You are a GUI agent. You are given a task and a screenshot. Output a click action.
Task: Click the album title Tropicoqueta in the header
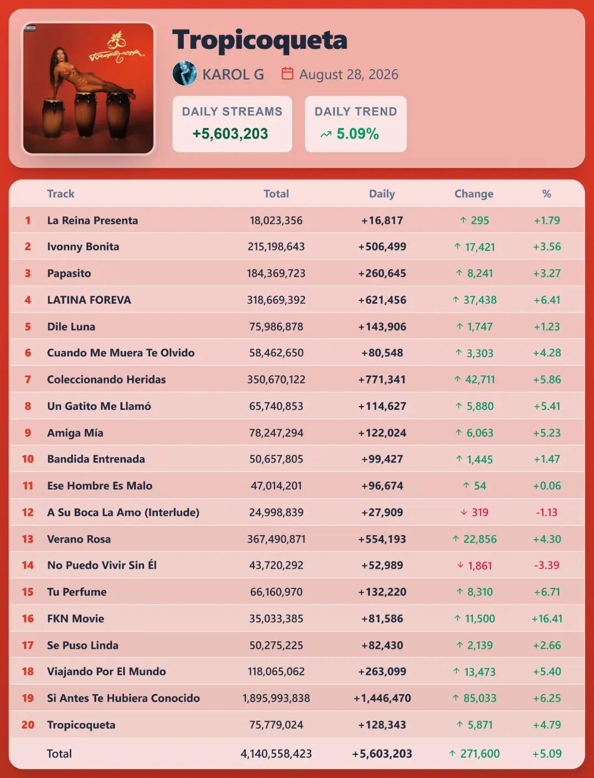pos(260,41)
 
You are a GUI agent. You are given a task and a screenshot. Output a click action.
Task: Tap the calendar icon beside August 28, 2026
pos(288,74)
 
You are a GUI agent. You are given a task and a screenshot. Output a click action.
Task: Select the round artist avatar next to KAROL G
pos(184,74)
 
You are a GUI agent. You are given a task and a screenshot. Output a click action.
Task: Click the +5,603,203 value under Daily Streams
pos(230,134)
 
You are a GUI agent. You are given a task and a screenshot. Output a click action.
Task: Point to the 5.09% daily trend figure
pos(358,134)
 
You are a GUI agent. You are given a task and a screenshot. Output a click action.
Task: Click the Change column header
pos(474,193)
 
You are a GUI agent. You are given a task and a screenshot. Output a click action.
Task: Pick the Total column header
pos(276,193)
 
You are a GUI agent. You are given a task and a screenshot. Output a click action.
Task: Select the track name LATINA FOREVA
pos(89,300)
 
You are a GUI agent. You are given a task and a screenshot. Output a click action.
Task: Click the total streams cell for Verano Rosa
pos(276,539)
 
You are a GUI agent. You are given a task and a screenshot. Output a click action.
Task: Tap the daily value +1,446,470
pos(382,698)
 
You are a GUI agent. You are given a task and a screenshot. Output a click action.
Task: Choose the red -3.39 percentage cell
pos(547,565)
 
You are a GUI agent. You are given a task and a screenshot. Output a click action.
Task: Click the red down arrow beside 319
pos(464,512)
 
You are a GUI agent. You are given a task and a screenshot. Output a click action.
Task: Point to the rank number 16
pos(28,619)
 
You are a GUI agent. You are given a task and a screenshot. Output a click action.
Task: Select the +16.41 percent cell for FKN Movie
pos(547,619)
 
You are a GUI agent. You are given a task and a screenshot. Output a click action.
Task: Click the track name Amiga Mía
pos(75,433)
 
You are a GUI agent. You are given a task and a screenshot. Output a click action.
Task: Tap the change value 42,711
pos(480,380)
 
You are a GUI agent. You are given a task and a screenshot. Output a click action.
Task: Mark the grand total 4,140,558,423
pos(276,753)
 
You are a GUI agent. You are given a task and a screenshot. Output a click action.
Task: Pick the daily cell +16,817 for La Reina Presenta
pos(382,220)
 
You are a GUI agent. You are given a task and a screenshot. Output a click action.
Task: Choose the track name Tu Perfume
pos(76,592)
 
